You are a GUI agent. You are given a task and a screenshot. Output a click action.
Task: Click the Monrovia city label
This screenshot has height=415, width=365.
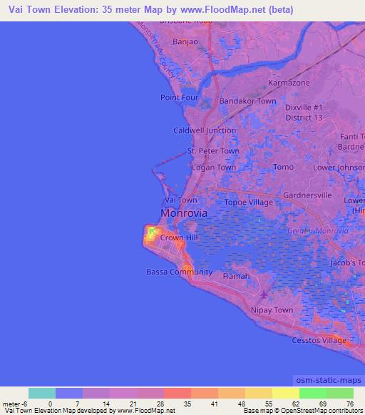(184, 213)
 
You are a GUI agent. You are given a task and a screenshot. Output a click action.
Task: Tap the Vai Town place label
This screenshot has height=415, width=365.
(181, 200)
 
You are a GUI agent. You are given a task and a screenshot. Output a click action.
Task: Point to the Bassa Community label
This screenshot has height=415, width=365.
(179, 272)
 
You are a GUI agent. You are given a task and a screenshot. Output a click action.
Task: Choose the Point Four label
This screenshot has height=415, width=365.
(178, 97)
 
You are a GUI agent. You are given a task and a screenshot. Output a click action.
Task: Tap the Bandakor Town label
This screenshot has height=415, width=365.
(247, 101)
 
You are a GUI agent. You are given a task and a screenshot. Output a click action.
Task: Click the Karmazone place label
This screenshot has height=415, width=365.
(289, 83)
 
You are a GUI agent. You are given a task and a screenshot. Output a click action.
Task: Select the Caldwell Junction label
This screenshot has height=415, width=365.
(205, 130)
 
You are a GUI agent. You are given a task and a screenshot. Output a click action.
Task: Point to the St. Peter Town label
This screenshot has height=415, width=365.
(213, 151)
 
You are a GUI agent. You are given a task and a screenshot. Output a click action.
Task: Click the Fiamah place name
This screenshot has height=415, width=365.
(237, 276)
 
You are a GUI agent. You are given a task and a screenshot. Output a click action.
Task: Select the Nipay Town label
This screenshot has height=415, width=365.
(272, 310)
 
